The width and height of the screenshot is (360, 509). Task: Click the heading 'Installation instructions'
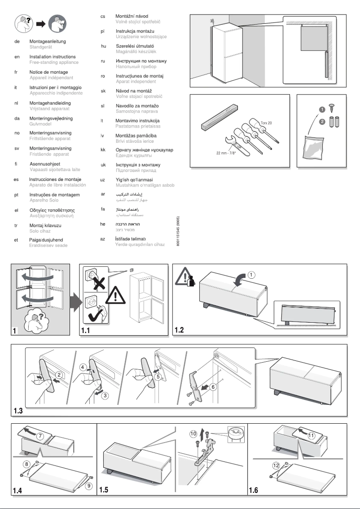pos(53,57)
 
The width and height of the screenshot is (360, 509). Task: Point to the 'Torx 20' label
pos(266,123)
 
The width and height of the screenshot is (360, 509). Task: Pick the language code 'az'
pos(103,238)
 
